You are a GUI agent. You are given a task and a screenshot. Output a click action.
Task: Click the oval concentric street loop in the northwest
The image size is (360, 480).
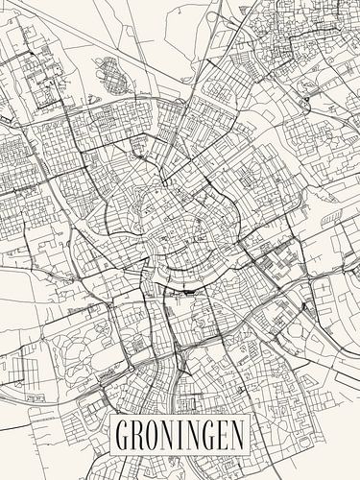tap(112, 74)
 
